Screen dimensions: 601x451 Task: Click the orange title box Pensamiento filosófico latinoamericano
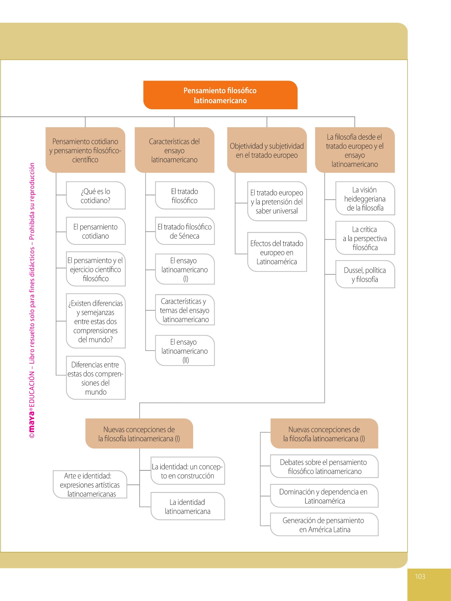(220, 95)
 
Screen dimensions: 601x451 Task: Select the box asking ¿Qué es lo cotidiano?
(96, 196)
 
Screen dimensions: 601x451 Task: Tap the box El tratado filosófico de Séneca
(185, 231)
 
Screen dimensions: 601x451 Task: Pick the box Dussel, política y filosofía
(365, 274)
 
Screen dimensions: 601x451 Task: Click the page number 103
(420, 576)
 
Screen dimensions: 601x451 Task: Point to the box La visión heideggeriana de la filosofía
(365, 199)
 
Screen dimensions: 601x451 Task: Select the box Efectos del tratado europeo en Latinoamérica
(277, 252)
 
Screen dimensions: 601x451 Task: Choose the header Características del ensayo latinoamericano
(174, 150)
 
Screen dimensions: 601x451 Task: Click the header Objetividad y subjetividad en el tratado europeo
(267, 150)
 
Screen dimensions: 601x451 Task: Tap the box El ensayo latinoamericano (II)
(185, 351)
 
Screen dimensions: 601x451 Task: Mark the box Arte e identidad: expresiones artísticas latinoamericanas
(90, 484)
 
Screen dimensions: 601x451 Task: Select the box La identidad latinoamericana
(187, 506)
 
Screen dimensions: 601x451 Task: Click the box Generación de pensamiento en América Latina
(324, 525)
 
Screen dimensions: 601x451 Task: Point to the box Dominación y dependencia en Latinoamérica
(324, 496)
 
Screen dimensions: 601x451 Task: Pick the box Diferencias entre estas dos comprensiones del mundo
(96, 378)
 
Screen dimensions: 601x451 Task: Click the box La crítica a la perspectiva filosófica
(365, 238)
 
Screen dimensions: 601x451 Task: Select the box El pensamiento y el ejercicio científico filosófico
(96, 269)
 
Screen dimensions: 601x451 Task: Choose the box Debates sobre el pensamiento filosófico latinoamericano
(324, 466)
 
